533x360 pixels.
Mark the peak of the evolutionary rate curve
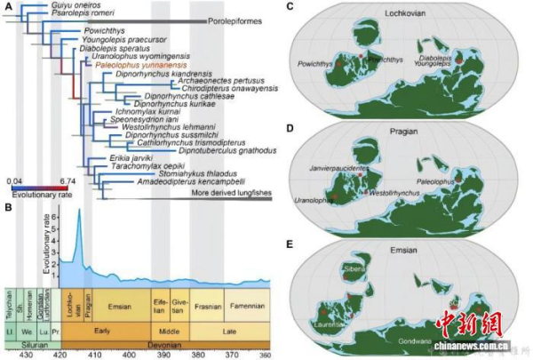click(78, 210)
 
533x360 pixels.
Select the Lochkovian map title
click(401, 13)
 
